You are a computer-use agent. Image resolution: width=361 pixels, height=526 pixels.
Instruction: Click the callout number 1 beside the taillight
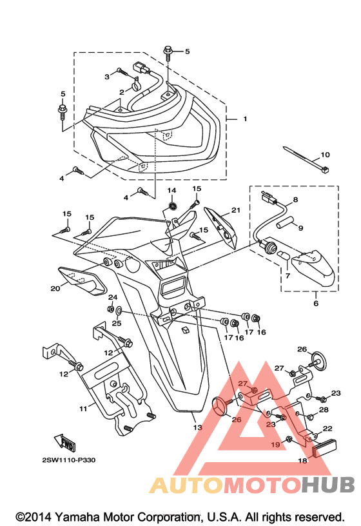coord(245,119)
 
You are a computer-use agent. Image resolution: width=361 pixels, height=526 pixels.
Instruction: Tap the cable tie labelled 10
coord(306,159)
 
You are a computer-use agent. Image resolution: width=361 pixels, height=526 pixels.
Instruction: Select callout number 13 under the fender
coord(198,427)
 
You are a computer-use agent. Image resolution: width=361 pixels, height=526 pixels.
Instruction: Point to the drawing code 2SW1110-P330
coord(68,460)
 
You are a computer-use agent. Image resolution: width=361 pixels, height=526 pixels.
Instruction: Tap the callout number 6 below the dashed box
coord(316,304)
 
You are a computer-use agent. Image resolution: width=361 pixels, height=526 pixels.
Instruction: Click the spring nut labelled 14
coord(173,206)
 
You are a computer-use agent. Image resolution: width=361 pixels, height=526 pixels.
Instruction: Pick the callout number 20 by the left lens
coord(55,288)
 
